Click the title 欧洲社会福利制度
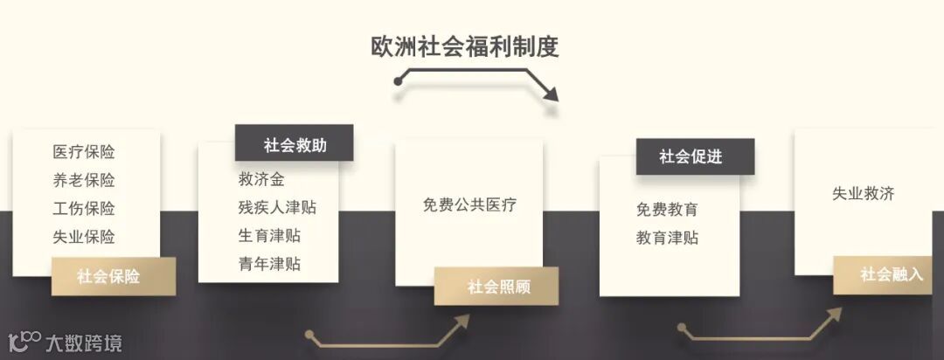[464, 46]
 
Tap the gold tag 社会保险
[108, 276]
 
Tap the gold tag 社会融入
[891, 274]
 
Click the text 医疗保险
[84, 152]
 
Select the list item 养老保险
[84, 180]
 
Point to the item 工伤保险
[84, 209]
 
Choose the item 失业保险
[84, 237]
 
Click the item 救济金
[261, 180]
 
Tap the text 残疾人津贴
[277, 208]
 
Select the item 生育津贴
[269, 236]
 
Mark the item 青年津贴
[269, 264]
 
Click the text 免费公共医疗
[469, 205]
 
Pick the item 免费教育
[667, 210]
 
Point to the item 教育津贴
[667, 238]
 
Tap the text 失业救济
[864, 194]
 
